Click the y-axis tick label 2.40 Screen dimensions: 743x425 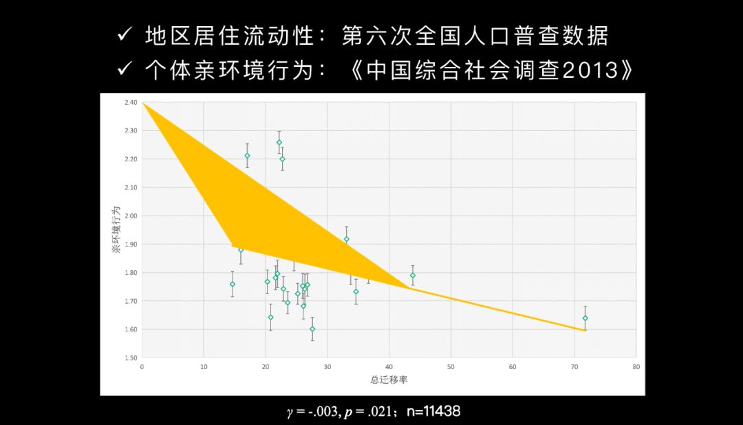(x=131, y=103)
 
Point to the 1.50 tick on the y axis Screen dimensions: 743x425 (x=131, y=358)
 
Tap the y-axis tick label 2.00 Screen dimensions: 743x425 (x=131, y=216)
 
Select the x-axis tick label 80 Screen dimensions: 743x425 (x=636, y=367)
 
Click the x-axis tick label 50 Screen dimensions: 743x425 (x=451, y=367)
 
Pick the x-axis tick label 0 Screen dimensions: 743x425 (x=142, y=367)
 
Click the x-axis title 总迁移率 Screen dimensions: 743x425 (x=388, y=380)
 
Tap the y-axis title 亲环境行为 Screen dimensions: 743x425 (x=116, y=229)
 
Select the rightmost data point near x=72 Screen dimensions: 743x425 (x=585, y=318)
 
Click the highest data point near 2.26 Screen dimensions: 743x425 (x=279, y=143)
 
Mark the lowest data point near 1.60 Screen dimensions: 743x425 (x=312, y=329)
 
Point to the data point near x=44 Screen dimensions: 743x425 (x=413, y=275)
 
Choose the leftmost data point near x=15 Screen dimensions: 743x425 (x=233, y=284)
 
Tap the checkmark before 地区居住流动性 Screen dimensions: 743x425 (x=125, y=36)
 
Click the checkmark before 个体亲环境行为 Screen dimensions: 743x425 (x=125, y=70)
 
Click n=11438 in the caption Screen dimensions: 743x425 (x=433, y=411)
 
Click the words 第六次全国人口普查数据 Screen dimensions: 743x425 (x=475, y=37)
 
